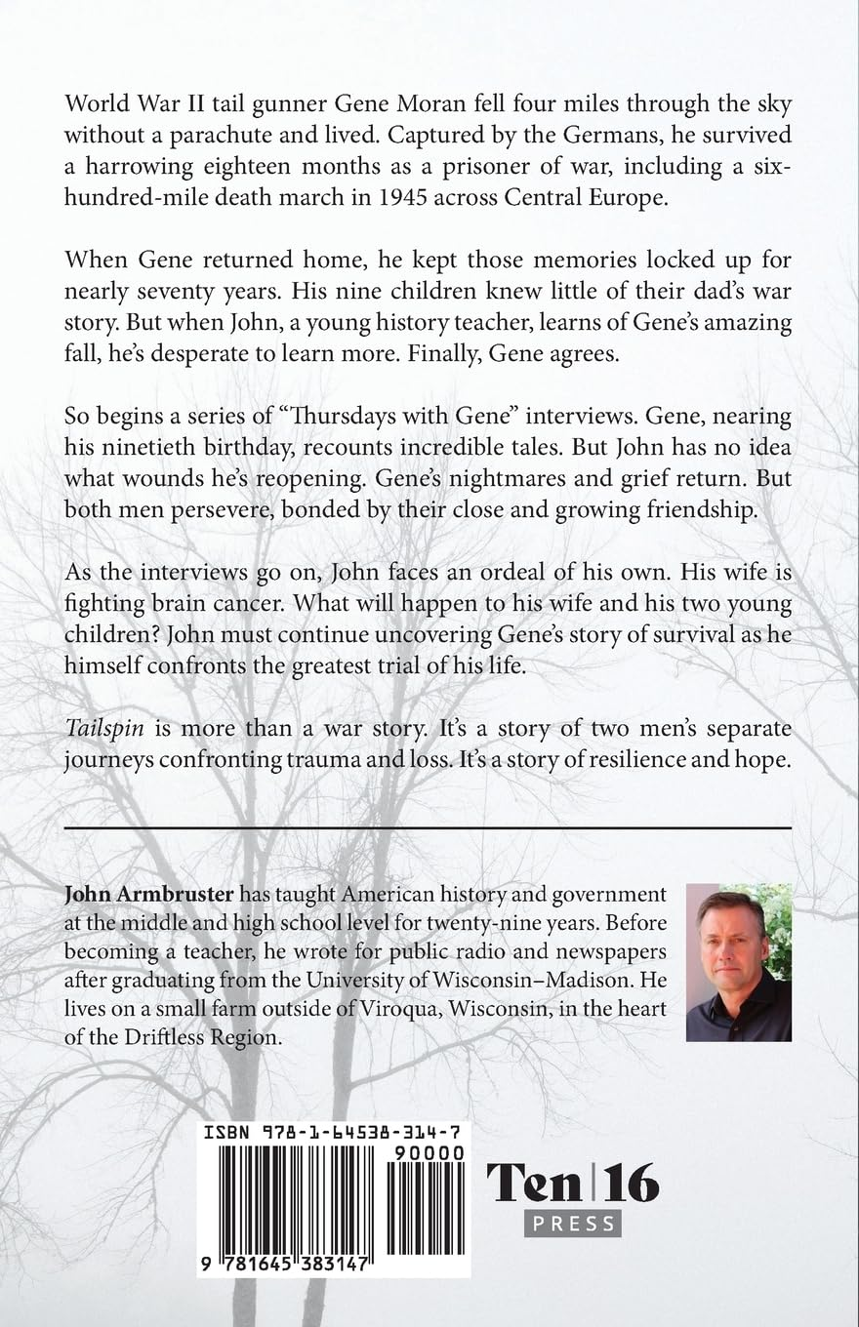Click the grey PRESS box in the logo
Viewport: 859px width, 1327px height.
pyautogui.click(x=572, y=1222)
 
